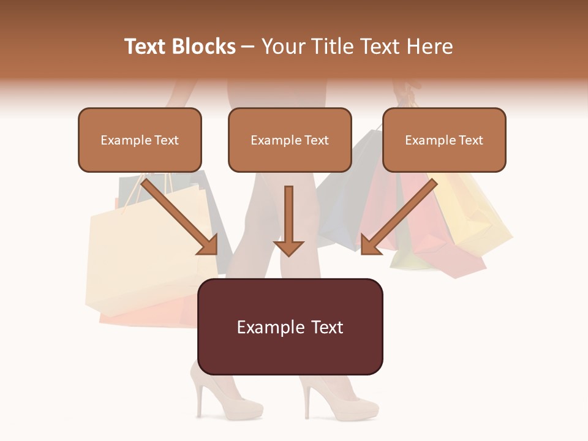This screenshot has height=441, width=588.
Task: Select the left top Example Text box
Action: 140,140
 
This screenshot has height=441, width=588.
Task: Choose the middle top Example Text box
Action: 290,140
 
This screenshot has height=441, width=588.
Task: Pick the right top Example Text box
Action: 444,140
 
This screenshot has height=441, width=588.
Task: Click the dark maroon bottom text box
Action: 290,326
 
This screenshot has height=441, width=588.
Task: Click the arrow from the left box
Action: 181,217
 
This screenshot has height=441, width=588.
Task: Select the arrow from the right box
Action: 398,217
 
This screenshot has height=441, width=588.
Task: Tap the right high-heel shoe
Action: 340,398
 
